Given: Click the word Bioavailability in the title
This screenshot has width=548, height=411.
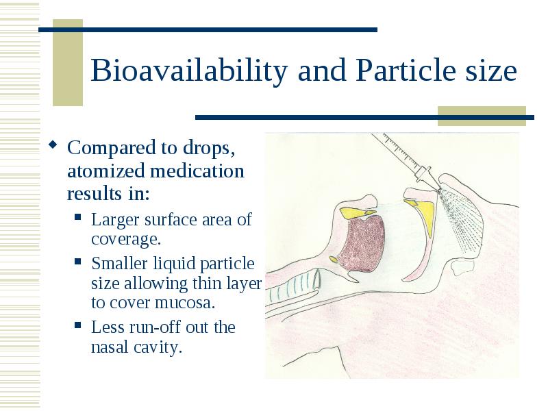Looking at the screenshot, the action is (x=189, y=71).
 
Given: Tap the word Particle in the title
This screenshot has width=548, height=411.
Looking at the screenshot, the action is (x=406, y=71).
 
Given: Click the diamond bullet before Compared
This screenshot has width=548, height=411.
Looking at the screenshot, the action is (x=53, y=144).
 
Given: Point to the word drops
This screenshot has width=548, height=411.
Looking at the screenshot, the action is (x=209, y=148).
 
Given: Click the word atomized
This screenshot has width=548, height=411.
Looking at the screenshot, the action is (x=106, y=171).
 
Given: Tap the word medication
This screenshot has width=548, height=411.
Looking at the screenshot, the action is (x=197, y=171).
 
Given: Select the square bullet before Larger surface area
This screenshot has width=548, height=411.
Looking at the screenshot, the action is (x=78, y=217).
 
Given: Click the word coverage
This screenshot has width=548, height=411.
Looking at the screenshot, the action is (x=126, y=239).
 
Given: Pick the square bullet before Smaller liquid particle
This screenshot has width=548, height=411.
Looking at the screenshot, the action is (x=78, y=262).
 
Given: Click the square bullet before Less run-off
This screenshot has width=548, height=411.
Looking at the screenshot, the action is (x=78, y=326).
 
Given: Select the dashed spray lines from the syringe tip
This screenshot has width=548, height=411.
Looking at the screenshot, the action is (x=460, y=219).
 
